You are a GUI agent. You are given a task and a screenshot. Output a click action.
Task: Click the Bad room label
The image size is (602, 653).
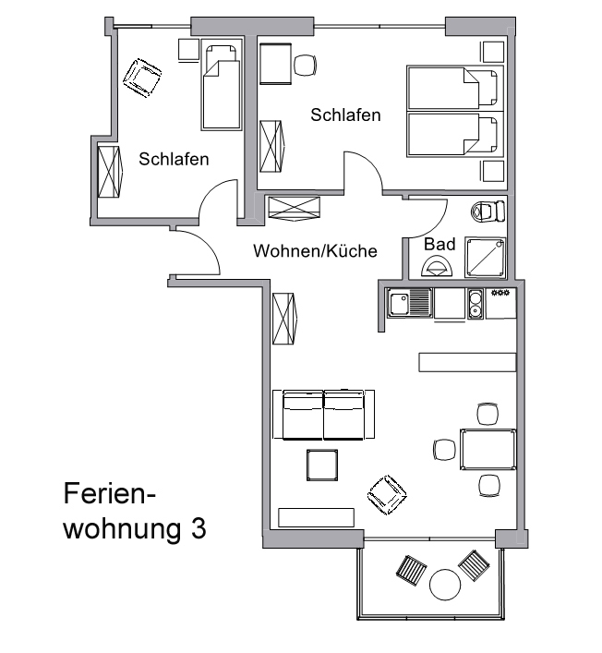click(439, 244)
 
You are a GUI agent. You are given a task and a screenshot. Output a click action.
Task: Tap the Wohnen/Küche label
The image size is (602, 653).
click(315, 250)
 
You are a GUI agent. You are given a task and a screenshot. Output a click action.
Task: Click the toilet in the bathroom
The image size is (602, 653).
click(488, 212)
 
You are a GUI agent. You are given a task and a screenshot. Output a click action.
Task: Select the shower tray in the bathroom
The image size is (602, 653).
click(486, 258)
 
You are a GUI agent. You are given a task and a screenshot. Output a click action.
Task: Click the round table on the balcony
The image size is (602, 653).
click(445, 585)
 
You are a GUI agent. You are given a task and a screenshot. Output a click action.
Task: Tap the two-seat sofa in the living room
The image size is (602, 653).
click(323, 415)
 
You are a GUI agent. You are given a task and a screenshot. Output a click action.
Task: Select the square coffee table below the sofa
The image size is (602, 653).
click(322, 465)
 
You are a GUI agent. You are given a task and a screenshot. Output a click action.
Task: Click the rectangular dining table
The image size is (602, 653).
click(488, 450)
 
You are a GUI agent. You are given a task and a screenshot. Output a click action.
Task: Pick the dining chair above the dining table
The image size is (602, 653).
click(488, 414)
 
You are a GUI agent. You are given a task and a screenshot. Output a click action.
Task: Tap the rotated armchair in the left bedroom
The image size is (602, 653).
click(142, 79)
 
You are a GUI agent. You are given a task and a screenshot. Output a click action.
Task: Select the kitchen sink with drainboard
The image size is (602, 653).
click(409, 303)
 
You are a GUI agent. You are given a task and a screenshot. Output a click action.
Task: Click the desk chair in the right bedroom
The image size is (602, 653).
click(306, 65)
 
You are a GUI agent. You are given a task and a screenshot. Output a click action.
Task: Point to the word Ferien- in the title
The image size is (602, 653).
click(110, 493)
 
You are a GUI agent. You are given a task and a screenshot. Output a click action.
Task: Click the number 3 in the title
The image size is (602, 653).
click(199, 528)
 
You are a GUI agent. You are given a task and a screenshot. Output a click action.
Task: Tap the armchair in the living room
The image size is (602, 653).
click(387, 495)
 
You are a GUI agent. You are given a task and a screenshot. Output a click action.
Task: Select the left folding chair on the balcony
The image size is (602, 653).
click(411, 570)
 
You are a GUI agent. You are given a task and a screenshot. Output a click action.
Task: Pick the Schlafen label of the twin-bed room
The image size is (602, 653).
click(345, 115)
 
